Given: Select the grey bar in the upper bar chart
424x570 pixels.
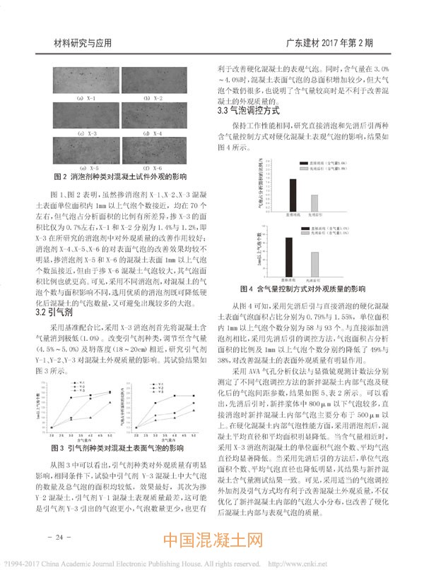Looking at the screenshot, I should click(x=316, y=199).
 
